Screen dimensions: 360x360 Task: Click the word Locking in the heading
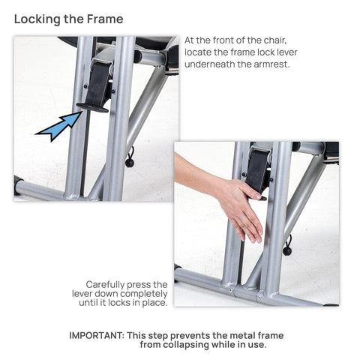[x=37, y=19]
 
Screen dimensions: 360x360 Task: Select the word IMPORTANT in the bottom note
[x=97, y=335]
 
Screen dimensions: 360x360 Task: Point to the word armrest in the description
[x=271, y=64]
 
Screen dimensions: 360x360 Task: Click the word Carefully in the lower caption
[x=105, y=285]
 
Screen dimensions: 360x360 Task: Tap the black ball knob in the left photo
[x=130, y=163]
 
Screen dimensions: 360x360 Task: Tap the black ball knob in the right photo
[x=287, y=251]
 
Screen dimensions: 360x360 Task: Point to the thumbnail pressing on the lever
[x=258, y=196]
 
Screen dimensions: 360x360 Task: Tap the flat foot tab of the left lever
[x=92, y=108]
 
